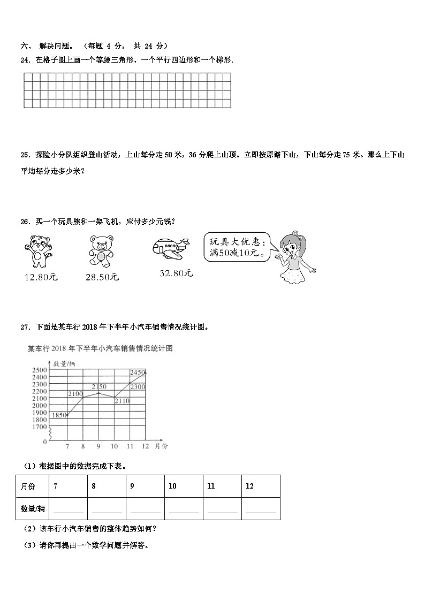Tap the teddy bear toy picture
(x=99, y=250)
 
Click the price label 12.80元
(x=41, y=277)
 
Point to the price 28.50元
(x=102, y=277)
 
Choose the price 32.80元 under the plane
(x=176, y=273)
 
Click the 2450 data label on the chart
(x=138, y=372)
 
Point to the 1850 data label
(x=59, y=415)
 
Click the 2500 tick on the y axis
(x=40, y=370)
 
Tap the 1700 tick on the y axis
(x=40, y=427)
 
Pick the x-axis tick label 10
(x=114, y=446)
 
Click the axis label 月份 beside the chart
(x=161, y=446)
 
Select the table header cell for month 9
(x=145, y=486)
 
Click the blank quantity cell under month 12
(x=261, y=508)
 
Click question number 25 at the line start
(x=24, y=155)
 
